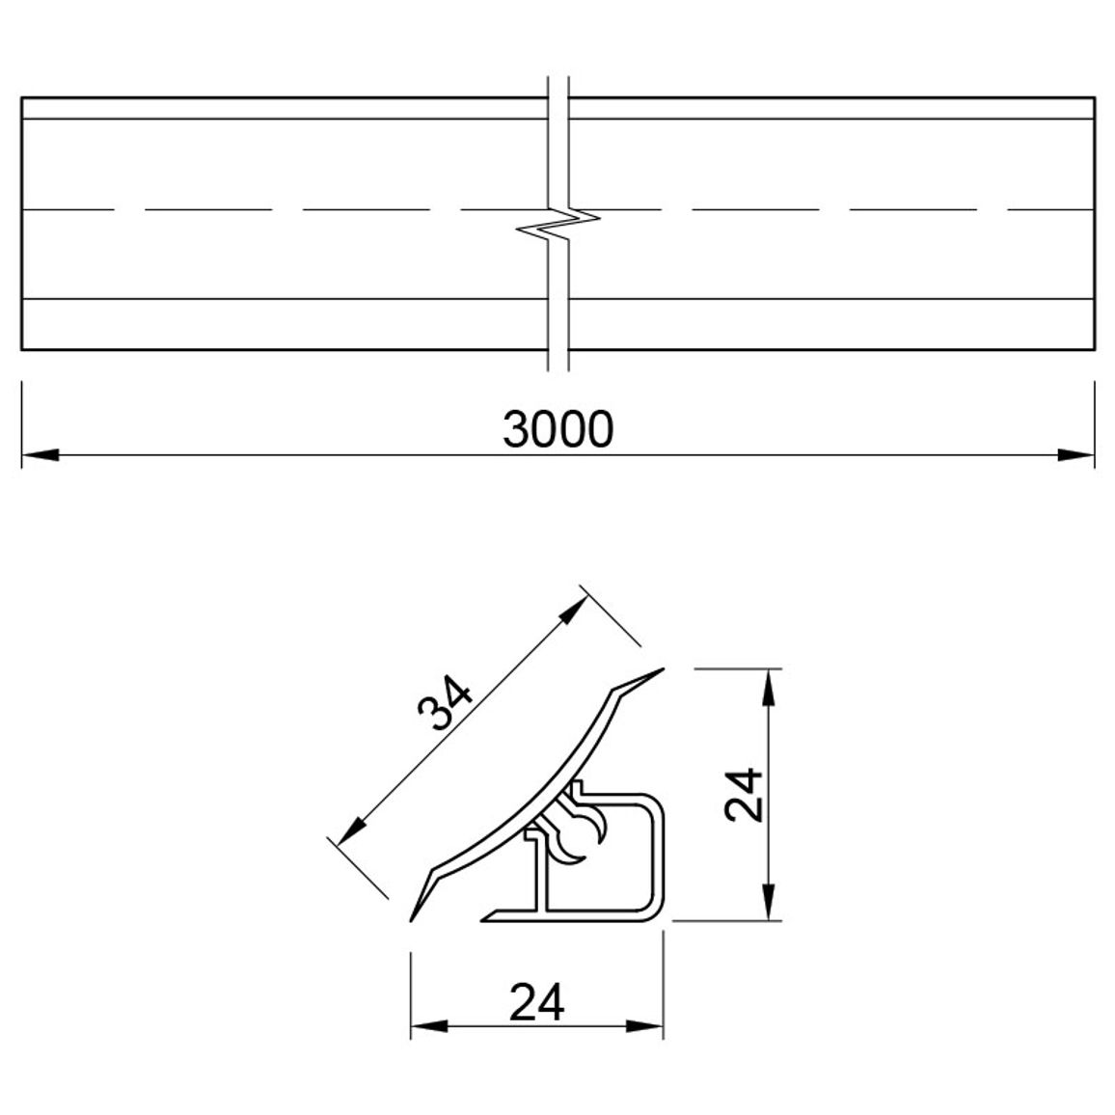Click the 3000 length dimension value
coord(557,429)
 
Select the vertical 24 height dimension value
coord(744,795)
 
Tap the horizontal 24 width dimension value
coord(537,1002)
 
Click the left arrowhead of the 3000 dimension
coord(41,455)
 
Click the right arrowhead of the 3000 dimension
coord(1075,455)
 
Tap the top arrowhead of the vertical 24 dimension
coord(768,688)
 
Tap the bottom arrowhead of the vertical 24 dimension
coord(768,902)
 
